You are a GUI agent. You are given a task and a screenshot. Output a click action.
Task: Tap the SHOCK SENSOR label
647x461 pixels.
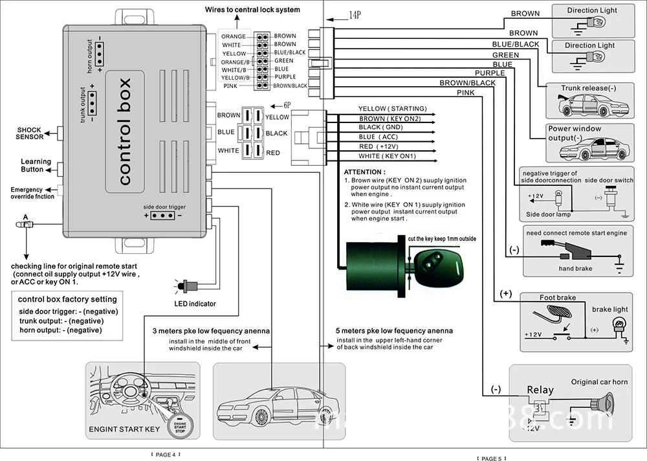(x=30, y=133)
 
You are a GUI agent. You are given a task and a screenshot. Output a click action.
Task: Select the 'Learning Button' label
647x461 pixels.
(x=36, y=166)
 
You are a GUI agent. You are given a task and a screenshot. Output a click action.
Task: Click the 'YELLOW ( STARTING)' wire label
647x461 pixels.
(x=392, y=109)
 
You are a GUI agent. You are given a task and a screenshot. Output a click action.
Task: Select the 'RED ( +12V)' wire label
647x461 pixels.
(x=384, y=146)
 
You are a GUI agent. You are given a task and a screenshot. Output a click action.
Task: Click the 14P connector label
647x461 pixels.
(x=355, y=14)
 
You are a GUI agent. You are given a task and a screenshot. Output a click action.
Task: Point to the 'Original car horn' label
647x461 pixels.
(x=599, y=382)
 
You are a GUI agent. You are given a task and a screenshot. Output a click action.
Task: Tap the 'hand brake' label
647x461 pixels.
(x=575, y=268)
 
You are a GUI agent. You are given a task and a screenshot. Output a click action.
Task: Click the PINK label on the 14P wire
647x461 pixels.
(x=465, y=93)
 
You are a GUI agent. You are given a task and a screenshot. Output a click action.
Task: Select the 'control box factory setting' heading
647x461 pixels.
(x=67, y=299)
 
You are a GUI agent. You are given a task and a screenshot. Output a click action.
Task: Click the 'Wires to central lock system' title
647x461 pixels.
(x=243, y=10)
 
